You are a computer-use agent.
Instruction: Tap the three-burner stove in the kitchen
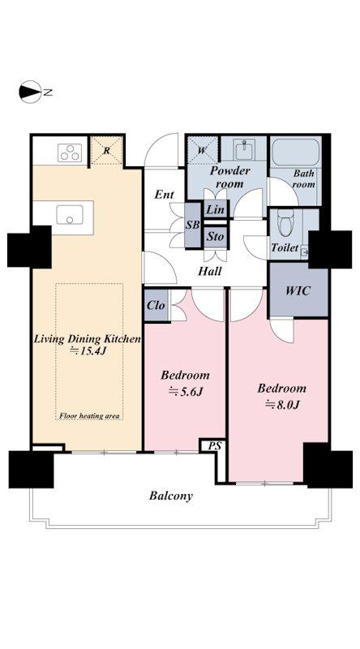(x=69, y=153)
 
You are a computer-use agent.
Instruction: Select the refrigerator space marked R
(x=106, y=151)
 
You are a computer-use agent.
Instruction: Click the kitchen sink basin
(x=70, y=215)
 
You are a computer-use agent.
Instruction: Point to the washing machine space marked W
(x=202, y=150)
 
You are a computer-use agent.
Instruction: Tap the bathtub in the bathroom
(x=296, y=153)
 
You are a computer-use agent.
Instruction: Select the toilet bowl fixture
(x=285, y=221)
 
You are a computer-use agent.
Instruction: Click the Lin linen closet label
(x=215, y=209)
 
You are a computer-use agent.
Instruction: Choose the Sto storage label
(x=216, y=236)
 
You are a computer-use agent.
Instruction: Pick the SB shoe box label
(x=192, y=226)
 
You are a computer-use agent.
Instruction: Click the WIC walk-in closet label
(x=298, y=290)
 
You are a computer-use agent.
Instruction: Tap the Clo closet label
(x=156, y=306)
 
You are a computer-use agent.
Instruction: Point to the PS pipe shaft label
(x=214, y=446)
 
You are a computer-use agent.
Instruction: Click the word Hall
(x=209, y=272)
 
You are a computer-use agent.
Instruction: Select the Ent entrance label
(x=164, y=195)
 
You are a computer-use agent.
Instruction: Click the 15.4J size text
(x=88, y=351)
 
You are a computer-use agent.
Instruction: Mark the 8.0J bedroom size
(x=282, y=404)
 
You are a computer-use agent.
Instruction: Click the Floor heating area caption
(x=89, y=415)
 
